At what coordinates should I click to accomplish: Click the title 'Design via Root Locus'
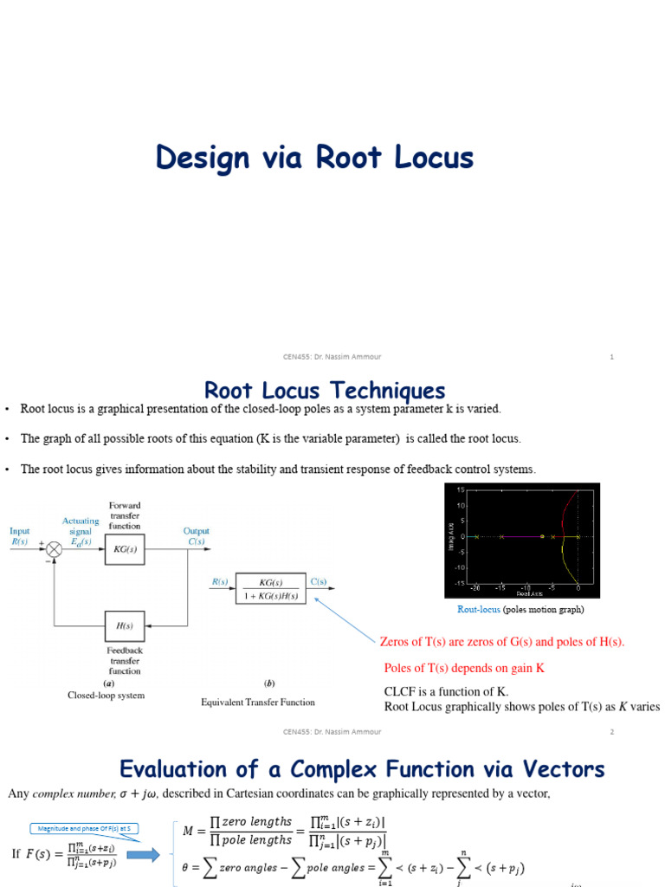pyautogui.click(x=314, y=158)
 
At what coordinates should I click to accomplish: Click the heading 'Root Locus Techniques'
pyautogui.click(x=324, y=391)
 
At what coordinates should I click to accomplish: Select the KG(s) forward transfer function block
pyautogui.click(x=125, y=549)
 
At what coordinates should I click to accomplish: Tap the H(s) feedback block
pyautogui.click(x=125, y=625)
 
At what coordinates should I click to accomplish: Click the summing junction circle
pyautogui.click(x=55, y=549)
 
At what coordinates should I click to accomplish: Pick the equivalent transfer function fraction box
pyautogui.click(x=271, y=588)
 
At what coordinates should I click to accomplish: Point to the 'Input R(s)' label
pyautogui.click(x=19, y=536)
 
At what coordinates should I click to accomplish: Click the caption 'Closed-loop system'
pyautogui.click(x=107, y=695)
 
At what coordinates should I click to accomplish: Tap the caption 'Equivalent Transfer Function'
pyautogui.click(x=258, y=702)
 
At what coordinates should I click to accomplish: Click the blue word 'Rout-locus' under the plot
pyautogui.click(x=479, y=610)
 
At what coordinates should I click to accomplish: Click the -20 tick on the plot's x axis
pyautogui.click(x=475, y=589)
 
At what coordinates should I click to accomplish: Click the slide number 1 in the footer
pyautogui.click(x=611, y=356)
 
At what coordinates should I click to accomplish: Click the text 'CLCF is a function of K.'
pyautogui.click(x=446, y=691)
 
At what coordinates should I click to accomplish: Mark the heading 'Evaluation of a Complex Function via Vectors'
pyautogui.click(x=362, y=769)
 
